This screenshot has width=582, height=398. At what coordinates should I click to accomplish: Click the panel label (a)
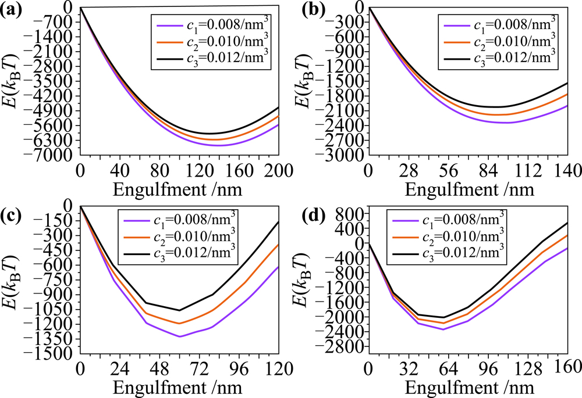point(12,10)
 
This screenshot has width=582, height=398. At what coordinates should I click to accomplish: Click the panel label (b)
point(301,10)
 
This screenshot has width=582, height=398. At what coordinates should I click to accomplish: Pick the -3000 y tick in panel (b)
point(343,156)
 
